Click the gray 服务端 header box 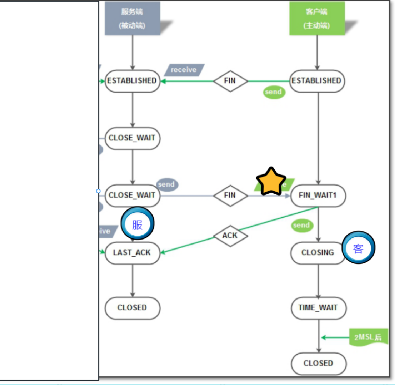coord(132,18)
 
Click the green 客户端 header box coord(317,18)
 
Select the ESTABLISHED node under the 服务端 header coord(132,81)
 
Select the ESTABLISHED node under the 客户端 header coord(317,81)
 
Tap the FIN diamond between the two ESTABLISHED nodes coord(230,81)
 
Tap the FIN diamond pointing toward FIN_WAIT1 coord(230,196)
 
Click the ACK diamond coord(230,236)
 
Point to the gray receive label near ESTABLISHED coord(184,70)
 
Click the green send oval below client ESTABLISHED coord(273,92)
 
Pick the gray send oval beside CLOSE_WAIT coord(167,184)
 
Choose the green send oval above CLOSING coord(301,225)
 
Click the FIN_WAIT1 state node coord(318,196)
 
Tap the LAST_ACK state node coord(132,253)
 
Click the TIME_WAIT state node coord(318,308)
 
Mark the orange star coord(271,182)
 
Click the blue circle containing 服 coord(137,224)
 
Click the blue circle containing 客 coord(359,248)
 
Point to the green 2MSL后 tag coord(368,337)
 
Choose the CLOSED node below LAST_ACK coord(132,308)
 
